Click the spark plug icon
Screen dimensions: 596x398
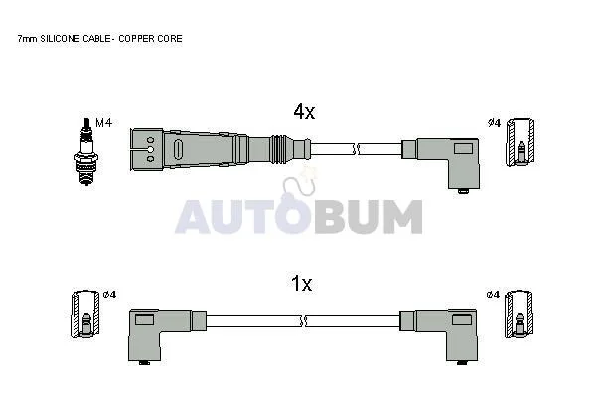86,151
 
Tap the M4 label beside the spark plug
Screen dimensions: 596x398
103,123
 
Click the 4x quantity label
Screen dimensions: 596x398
304,112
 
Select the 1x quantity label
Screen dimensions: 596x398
301,284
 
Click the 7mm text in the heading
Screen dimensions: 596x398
28,39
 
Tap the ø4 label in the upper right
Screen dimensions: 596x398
494,123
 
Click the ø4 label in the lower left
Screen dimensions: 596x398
110,295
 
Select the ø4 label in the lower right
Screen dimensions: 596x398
493,295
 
